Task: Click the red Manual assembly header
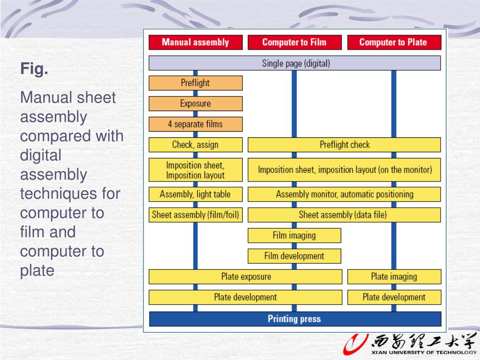tap(195, 42)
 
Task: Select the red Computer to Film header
tap(294, 42)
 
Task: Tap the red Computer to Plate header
tap(394, 42)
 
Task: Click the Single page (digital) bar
tap(295, 63)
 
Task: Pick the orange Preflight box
tap(195, 83)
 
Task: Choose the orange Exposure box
tap(195, 104)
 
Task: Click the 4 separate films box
tap(195, 124)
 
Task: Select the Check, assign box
tap(195, 145)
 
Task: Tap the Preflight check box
tap(344, 145)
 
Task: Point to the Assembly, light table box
tap(195, 194)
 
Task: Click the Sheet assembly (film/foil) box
tap(195, 215)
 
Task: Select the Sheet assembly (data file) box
tap(344, 215)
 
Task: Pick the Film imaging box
tap(294, 235)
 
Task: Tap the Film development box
tap(294, 256)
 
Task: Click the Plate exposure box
tap(246, 277)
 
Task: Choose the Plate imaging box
tap(394, 277)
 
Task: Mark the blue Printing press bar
tap(295, 319)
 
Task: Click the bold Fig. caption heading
tap(34, 70)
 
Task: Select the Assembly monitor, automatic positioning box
tap(344, 194)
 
